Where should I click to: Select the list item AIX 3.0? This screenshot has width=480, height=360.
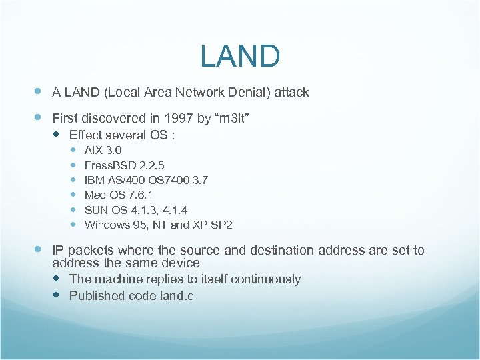[103, 150]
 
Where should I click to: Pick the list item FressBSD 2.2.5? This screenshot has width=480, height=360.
[125, 165]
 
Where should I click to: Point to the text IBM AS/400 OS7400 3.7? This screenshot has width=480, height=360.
[146, 180]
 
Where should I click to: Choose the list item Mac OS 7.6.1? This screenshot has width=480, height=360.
[119, 195]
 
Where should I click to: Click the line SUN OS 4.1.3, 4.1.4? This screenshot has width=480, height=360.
[136, 209]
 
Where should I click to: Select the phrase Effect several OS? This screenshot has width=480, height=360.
[122, 135]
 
